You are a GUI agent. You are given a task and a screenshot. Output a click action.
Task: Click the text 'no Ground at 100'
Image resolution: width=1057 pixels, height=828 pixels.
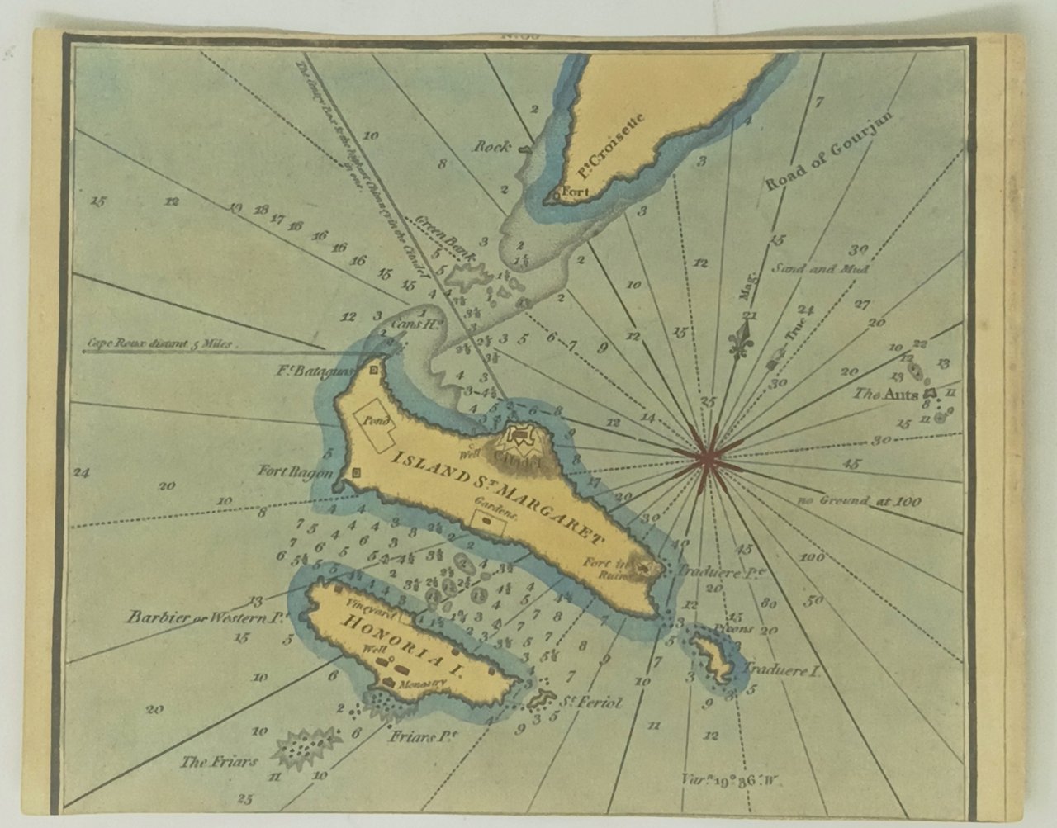tap(859, 500)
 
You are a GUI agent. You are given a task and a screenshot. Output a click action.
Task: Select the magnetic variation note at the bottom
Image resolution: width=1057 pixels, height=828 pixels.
tap(726, 776)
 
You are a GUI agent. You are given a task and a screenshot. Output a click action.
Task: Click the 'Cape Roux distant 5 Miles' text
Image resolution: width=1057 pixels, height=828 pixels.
tap(160, 343)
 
